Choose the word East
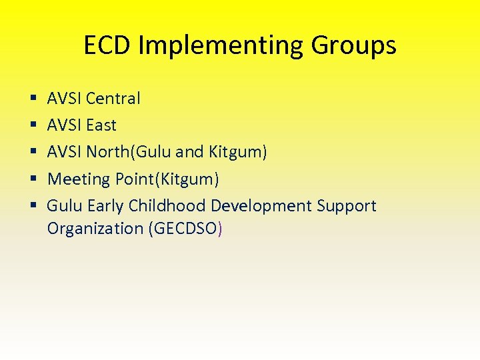[x=101, y=125]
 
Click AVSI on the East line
[x=64, y=125]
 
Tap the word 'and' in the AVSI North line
[x=190, y=152]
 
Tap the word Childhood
[x=167, y=206]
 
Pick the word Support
[x=347, y=206]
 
